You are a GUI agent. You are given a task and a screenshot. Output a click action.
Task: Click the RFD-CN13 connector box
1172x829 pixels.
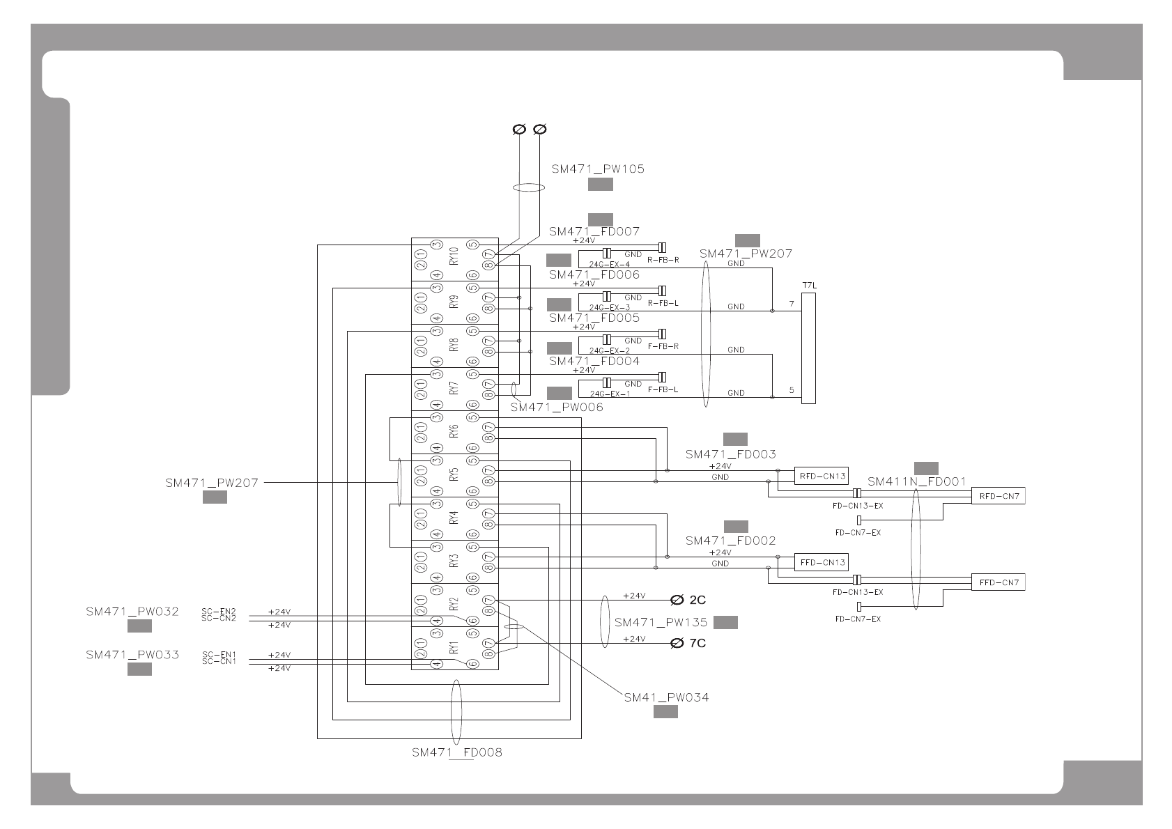point(822,477)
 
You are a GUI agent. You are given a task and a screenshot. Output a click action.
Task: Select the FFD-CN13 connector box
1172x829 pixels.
point(822,562)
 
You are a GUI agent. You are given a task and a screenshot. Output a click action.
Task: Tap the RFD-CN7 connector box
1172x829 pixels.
point(998,496)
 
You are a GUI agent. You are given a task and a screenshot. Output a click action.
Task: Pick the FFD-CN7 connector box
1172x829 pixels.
point(998,582)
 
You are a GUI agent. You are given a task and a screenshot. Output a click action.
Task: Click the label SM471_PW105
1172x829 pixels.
point(597,169)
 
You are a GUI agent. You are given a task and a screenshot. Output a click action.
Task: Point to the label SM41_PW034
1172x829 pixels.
point(666,697)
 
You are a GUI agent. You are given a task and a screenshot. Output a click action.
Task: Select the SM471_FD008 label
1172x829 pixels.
point(456,752)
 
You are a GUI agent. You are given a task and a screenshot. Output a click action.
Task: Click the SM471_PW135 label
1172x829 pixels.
point(661,622)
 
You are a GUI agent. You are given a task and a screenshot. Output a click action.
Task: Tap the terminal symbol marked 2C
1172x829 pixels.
point(677,600)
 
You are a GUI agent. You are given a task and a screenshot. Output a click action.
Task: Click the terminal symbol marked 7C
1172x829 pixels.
point(677,643)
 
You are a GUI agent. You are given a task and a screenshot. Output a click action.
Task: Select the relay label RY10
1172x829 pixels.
point(454,256)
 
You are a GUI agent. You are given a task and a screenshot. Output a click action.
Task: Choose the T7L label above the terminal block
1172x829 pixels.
point(809,286)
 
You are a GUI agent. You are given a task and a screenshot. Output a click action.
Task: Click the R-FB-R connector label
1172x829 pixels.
point(663,261)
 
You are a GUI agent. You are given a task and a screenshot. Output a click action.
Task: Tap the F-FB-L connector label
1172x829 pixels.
point(663,390)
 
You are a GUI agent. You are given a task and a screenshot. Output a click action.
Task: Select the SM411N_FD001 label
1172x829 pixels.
point(916,481)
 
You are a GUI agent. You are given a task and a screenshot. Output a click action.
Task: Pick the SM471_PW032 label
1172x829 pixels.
point(132,612)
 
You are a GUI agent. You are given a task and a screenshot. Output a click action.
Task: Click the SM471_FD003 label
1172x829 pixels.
point(730,454)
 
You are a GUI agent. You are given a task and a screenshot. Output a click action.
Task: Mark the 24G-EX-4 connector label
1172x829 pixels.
point(609,265)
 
